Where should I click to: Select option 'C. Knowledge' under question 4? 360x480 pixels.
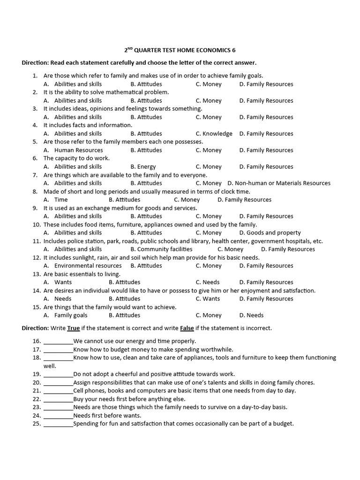(x=214, y=134)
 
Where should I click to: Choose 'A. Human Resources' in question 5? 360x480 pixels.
(x=73, y=150)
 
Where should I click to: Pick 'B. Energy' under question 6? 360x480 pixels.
(x=143, y=166)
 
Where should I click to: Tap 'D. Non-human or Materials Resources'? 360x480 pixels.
(x=278, y=183)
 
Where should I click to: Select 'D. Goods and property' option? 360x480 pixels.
(x=270, y=232)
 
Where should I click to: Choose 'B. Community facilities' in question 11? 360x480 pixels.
(x=161, y=249)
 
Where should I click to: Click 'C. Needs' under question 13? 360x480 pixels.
(x=207, y=282)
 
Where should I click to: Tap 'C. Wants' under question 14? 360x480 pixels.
(x=208, y=299)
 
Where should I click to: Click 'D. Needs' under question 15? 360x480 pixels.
(x=251, y=315)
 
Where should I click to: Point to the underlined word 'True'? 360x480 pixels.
(x=74, y=328)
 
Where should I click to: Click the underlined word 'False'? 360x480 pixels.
(x=187, y=328)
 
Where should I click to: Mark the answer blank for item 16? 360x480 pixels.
(x=58, y=342)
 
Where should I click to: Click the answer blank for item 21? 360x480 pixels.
(x=58, y=391)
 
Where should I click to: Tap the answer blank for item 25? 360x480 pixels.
(x=58, y=424)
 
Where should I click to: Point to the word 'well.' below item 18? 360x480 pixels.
(x=50, y=366)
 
